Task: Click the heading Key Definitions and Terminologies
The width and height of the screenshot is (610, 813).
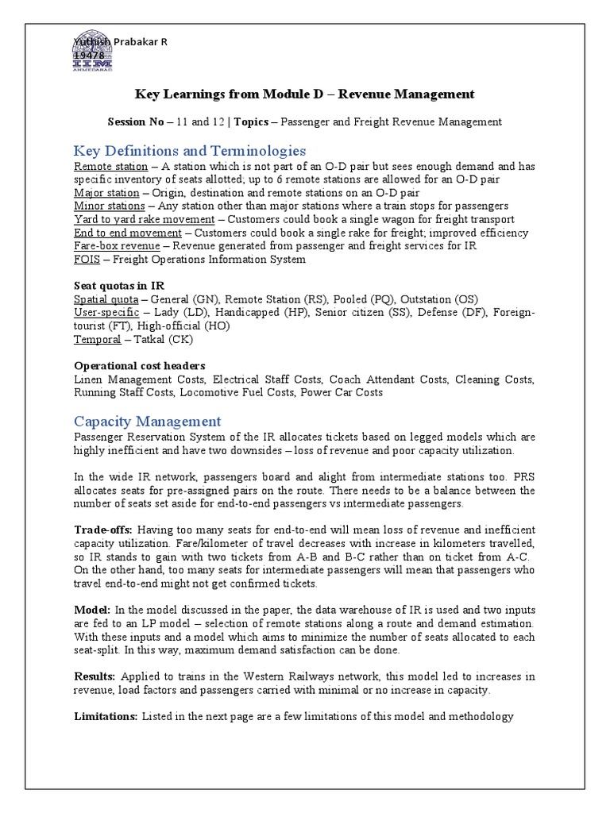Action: (x=190, y=151)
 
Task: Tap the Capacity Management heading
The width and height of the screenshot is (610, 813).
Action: (x=147, y=421)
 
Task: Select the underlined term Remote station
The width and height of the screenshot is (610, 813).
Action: (x=110, y=166)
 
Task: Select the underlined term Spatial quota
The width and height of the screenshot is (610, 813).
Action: (x=106, y=299)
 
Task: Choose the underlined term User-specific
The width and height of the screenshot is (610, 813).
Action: (x=105, y=313)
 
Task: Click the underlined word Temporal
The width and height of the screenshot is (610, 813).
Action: (x=96, y=339)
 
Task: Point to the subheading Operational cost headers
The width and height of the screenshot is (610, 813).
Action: (x=140, y=365)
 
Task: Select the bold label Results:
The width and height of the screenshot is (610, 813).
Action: (x=95, y=676)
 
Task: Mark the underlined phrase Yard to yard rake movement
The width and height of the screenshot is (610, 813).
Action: (x=144, y=219)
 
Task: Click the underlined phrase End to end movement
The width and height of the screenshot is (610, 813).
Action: (x=127, y=233)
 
